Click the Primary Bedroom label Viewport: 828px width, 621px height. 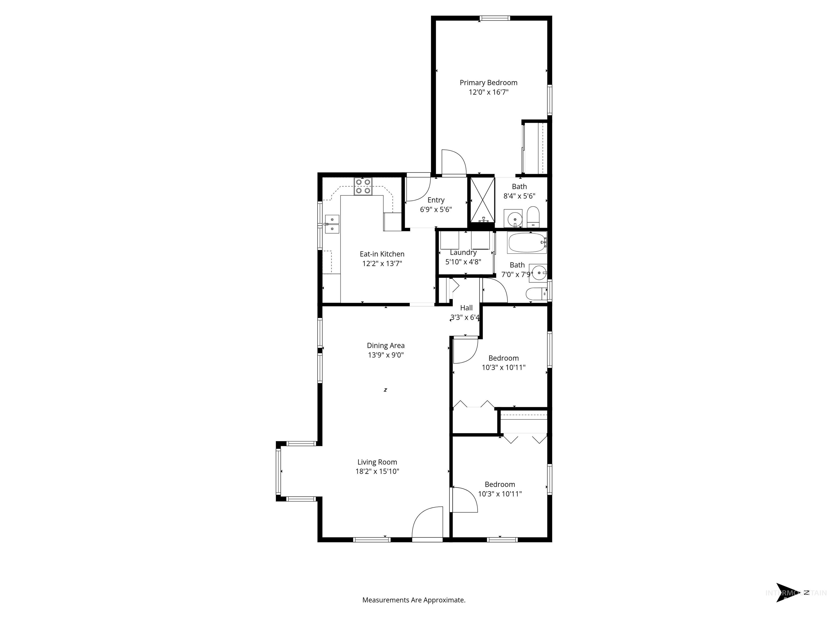click(x=488, y=83)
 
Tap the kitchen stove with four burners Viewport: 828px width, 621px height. click(x=363, y=186)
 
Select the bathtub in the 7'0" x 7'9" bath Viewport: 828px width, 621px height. click(x=526, y=243)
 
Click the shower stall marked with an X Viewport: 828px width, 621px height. click(x=482, y=200)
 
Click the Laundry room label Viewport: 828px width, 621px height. click(x=463, y=253)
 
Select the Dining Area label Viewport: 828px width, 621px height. click(x=385, y=346)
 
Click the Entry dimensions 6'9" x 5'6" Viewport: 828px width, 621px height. click(x=436, y=210)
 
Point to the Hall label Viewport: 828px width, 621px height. click(x=466, y=308)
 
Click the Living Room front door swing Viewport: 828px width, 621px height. click(x=427, y=524)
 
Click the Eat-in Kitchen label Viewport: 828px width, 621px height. click(x=382, y=254)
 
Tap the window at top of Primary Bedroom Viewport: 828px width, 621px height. click(x=495, y=18)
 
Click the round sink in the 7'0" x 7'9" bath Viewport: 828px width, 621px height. click(x=539, y=272)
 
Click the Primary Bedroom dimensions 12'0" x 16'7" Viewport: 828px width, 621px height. click(x=488, y=92)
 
